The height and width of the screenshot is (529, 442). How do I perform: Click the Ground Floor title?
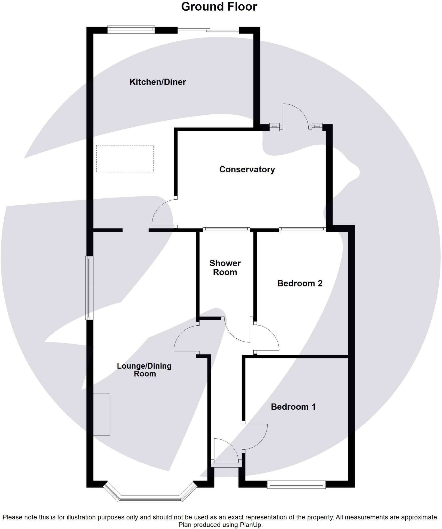[219, 7]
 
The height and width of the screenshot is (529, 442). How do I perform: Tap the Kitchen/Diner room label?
[158, 82]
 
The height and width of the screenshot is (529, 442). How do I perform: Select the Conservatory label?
[247, 169]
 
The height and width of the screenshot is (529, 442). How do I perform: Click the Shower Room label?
[225, 268]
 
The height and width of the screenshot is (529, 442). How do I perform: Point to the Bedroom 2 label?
[300, 283]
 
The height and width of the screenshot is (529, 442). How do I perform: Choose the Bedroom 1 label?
[293, 407]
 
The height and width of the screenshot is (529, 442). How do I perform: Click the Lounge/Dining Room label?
[144, 370]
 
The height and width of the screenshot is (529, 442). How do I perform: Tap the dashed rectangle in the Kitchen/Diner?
[125, 159]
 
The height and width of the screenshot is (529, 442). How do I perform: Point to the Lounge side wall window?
[89, 288]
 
